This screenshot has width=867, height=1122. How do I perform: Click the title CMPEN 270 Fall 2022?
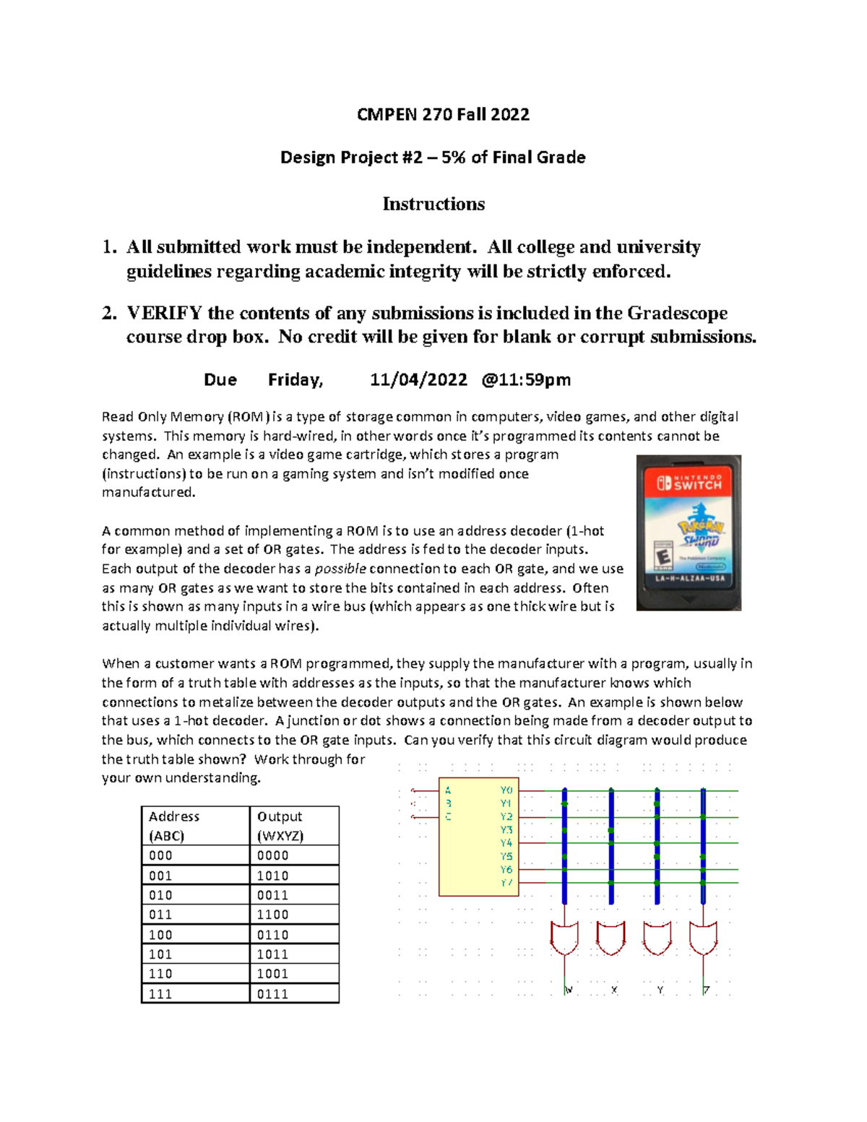click(x=443, y=114)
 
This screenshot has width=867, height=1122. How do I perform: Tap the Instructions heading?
click(x=433, y=204)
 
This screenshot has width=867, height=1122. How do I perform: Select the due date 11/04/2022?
click(x=418, y=379)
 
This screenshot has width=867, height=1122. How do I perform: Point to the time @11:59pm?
click(x=526, y=379)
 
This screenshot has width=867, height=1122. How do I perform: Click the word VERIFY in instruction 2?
click(x=164, y=313)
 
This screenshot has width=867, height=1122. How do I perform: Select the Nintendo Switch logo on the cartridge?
click(x=689, y=483)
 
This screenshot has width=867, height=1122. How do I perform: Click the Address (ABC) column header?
click(x=174, y=826)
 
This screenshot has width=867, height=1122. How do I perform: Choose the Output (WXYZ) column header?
click(x=280, y=826)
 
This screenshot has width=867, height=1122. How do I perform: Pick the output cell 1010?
click(x=272, y=876)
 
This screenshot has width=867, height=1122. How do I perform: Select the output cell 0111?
click(x=272, y=994)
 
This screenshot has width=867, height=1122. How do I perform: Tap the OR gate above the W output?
click(x=564, y=938)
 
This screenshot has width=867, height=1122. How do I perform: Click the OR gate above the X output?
click(x=611, y=938)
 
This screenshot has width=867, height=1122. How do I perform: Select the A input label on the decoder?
click(x=448, y=790)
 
